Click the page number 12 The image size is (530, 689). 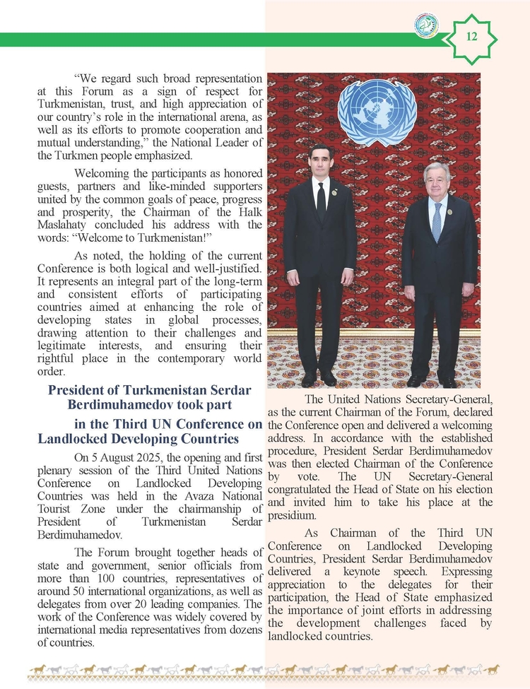tap(473, 36)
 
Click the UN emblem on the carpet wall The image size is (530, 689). tap(377, 112)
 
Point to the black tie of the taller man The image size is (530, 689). tap(322, 201)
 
